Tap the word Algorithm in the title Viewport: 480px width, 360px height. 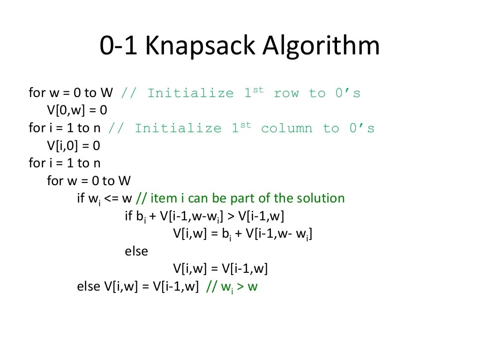point(321,46)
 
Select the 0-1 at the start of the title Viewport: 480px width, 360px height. point(119,46)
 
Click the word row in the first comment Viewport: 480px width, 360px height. point(286,93)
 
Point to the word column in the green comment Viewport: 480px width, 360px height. point(286,128)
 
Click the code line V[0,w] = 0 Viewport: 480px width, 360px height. point(77,111)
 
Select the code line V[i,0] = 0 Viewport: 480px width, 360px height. point(74,146)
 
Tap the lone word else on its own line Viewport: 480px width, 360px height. point(136,251)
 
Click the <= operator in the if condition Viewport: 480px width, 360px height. point(112,198)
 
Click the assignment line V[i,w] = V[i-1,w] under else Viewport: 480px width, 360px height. point(220,269)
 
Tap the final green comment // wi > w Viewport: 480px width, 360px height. point(232,287)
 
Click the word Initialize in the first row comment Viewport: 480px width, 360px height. point(190,93)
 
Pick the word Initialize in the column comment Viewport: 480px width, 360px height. point(178,128)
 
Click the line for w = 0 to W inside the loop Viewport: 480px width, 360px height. point(89,181)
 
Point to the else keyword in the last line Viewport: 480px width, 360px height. point(88,287)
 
